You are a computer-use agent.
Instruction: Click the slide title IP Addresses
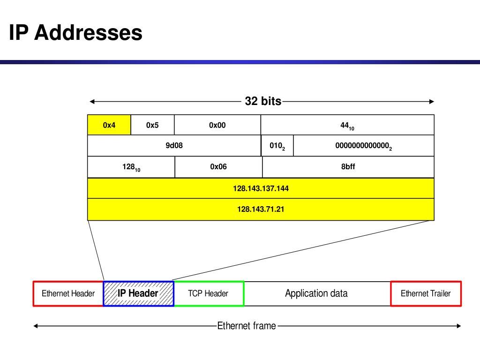tap(76, 33)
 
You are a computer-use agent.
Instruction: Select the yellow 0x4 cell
tap(109, 125)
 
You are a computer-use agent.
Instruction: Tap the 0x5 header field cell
tap(152, 125)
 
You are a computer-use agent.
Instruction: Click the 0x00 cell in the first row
tap(217, 125)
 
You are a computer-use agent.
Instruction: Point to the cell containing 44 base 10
tap(347, 126)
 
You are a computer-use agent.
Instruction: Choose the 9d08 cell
tap(174, 146)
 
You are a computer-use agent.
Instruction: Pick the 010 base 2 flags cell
tap(277, 146)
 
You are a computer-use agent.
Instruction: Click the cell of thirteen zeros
tap(363, 146)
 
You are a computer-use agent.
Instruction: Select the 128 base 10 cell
tap(131, 167)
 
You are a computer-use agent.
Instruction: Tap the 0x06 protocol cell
tap(218, 166)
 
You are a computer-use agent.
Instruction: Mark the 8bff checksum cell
tap(348, 166)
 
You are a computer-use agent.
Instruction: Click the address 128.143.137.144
tap(261, 188)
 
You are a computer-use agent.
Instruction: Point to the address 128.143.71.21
tap(261, 209)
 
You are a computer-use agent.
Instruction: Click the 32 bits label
tap(263, 101)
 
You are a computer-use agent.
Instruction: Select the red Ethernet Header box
tap(68, 294)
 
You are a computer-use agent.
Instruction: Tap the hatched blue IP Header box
tap(138, 294)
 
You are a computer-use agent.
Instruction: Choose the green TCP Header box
tap(209, 294)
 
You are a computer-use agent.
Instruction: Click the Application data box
tap(317, 294)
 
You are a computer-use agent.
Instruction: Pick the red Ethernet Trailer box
tap(426, 294)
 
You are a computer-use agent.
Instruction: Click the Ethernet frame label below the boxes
tap(247, 326)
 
